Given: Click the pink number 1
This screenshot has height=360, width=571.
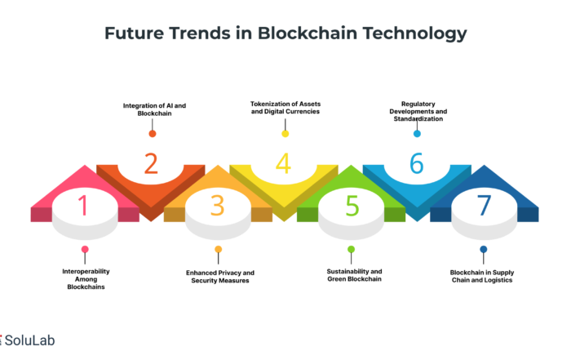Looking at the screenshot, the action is [x=83, y=205].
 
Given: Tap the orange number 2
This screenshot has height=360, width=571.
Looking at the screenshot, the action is [x=151, y=163].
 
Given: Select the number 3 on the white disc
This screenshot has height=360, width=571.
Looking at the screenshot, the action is [x=218, y=206].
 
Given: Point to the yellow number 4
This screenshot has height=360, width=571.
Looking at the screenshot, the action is [x=283, y=163].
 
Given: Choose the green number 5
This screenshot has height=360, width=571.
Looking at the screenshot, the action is [x=352, y=206].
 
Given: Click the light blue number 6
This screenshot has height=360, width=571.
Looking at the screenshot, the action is [x=417, y=163].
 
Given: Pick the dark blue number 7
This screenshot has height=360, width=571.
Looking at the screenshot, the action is [x=484, y=205].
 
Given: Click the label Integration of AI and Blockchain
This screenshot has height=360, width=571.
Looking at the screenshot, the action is [x=154, y=109].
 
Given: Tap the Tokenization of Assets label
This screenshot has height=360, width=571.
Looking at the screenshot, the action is [x=285, y=108].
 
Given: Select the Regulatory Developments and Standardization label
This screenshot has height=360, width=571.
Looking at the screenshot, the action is [x=418, y=111].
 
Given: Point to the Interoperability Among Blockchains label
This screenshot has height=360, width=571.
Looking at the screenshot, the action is [x=86, y=279].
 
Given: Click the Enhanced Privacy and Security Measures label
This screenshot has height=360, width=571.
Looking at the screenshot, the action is [x=220, y=277].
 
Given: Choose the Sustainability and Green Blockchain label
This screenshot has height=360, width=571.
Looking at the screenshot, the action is [x=354, y=275].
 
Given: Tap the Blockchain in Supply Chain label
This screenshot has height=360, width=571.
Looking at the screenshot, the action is [x=482, y=276].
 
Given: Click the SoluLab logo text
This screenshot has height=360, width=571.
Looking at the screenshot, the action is [x=29, y=340].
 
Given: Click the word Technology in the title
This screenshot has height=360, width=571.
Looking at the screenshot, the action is [x=414, y=33].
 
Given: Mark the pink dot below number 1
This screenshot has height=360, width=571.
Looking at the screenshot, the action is [x=85, y=249].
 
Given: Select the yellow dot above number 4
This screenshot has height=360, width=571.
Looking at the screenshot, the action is [x=285, y=134].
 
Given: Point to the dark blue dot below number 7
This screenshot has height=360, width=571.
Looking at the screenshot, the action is [x=484, y=249].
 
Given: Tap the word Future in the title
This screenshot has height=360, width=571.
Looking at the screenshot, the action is [x=135, y=33].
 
